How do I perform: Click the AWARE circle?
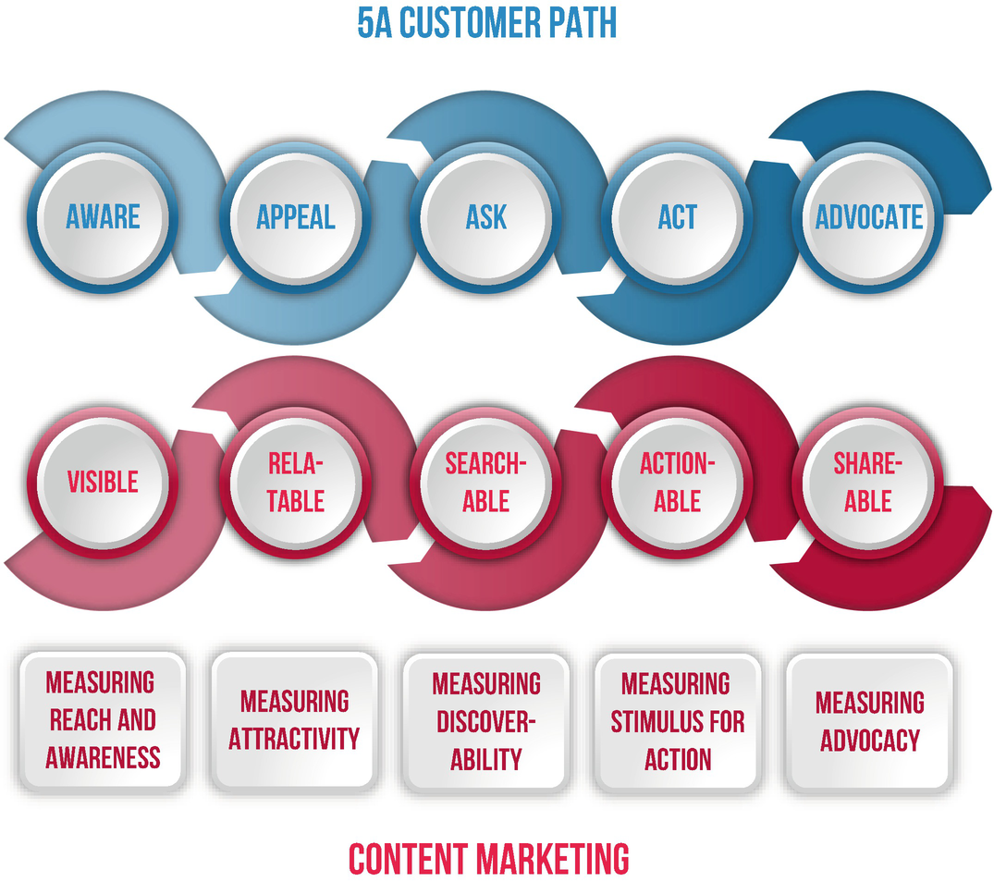103,217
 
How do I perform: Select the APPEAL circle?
295,217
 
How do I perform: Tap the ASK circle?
485,217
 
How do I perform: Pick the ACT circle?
677,217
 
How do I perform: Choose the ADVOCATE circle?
868,217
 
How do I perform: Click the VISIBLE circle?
103,482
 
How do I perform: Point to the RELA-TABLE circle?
295,482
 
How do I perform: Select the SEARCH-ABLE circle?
485,482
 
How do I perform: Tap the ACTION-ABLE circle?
677,482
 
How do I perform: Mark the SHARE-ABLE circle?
868,482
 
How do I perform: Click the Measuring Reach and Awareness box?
103,721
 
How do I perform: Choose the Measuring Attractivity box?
295,721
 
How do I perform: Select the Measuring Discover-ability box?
485,721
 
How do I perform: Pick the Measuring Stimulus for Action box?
677,721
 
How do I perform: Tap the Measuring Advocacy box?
868,721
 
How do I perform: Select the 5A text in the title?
374,23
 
